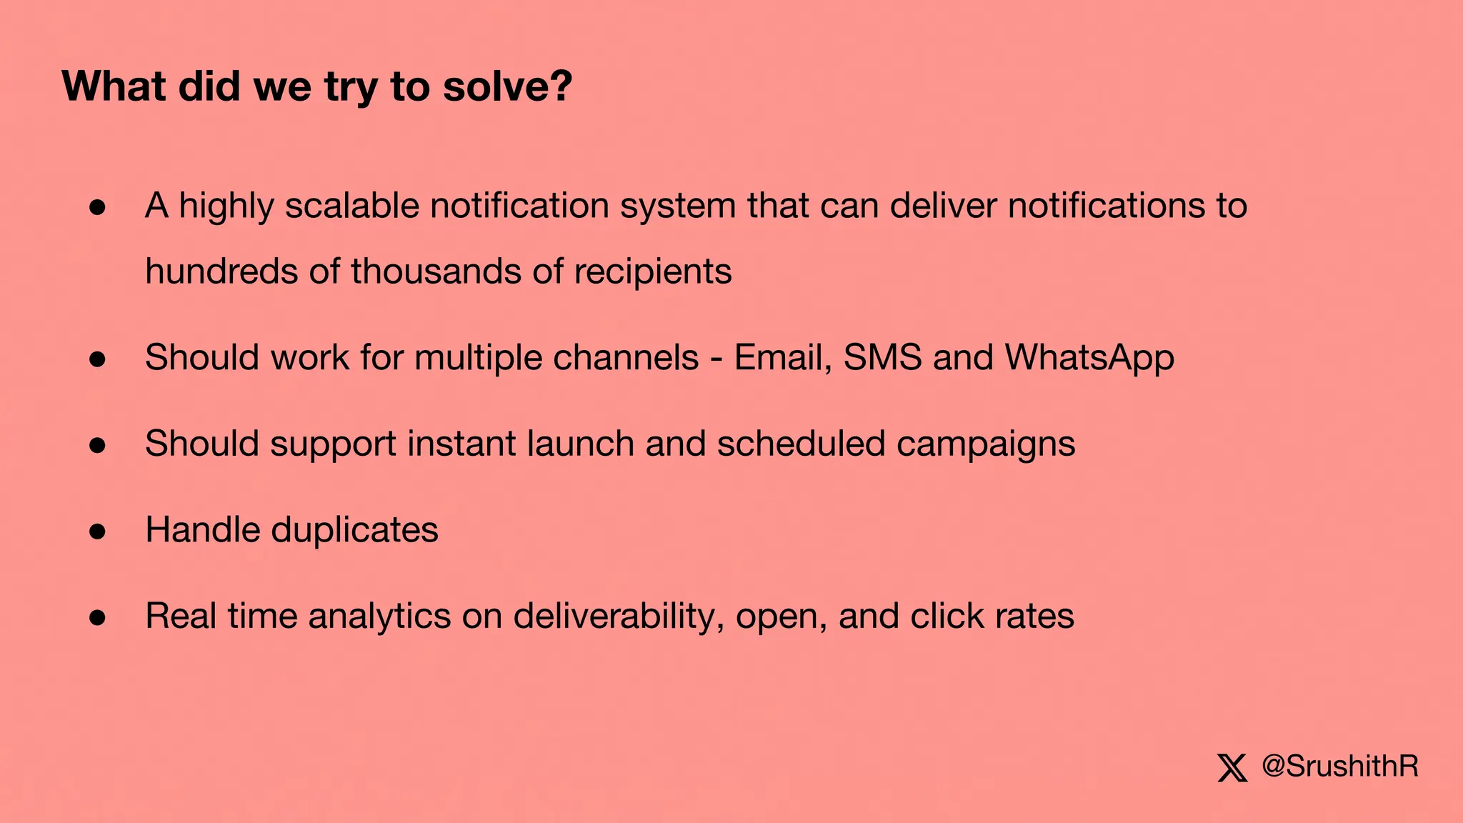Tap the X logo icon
pos(1232,768)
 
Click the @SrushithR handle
pos(1340,767)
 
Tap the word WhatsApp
pos(1089,358)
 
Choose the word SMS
pos(882,357)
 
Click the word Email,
pos(783,357)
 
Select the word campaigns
pos(986,445)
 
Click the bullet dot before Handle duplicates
pos(98,532)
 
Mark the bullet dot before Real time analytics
pos(98,618)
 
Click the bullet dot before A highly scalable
pos(98,207)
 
